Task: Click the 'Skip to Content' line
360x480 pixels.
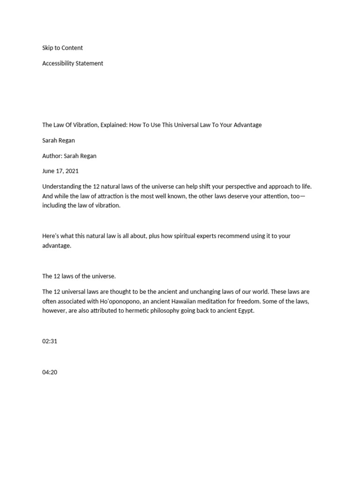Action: click(x=62, y=48)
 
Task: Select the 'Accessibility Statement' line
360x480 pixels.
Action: click(x=73, y=63)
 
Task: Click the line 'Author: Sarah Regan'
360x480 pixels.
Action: click(x=69, y=156)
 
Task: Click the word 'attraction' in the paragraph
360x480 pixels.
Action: click(x=111, y=196)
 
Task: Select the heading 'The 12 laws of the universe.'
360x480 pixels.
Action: click(x=79, y=276)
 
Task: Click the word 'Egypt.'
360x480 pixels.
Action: click(x=244, y=310)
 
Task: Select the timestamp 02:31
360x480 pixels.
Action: click(x=50, y=341)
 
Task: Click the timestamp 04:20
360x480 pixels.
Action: click(x=50, y=373)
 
